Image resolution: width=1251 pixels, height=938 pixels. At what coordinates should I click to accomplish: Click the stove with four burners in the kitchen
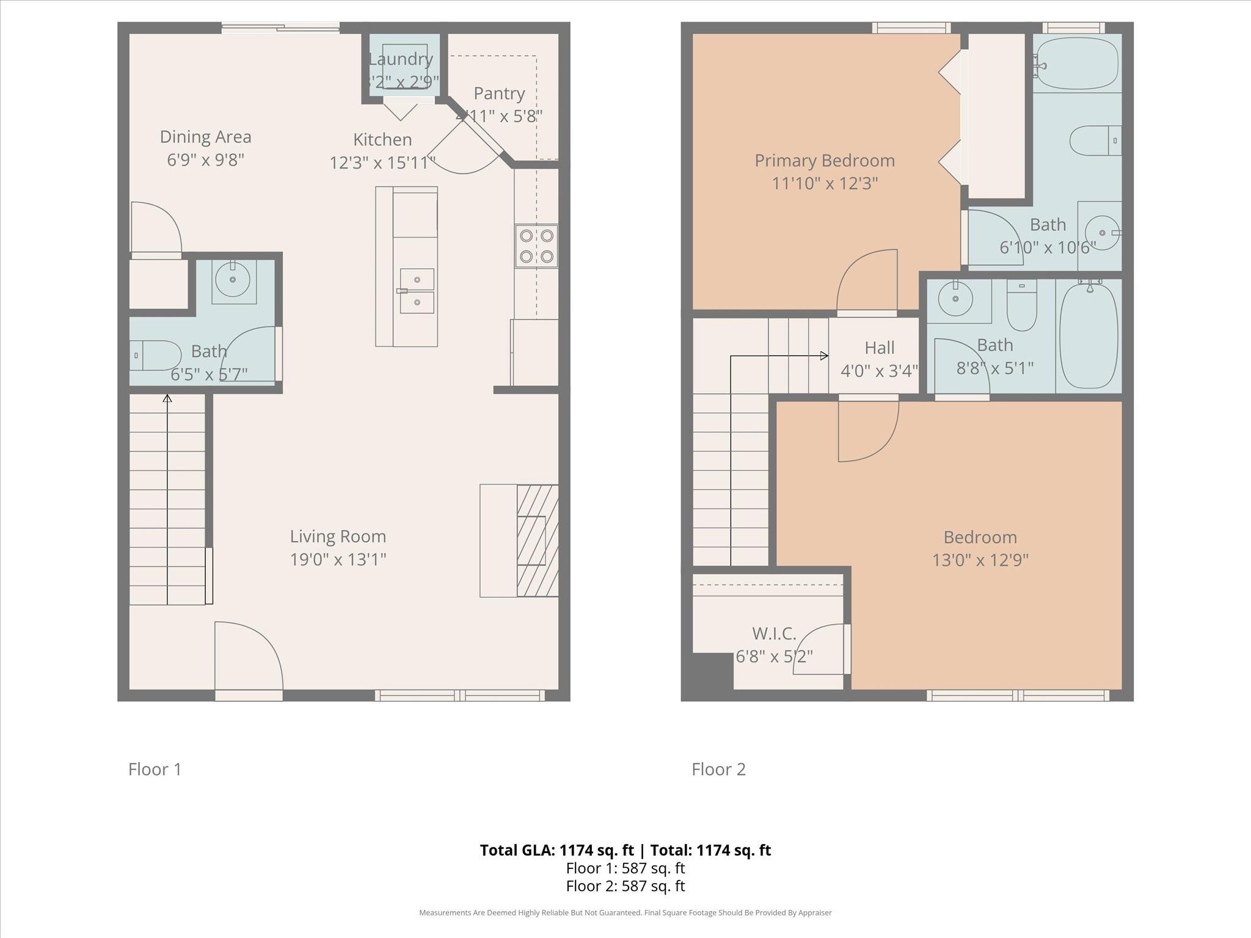(x=536, y=246)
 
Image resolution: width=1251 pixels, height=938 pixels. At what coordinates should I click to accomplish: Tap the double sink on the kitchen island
(x=417, y=291)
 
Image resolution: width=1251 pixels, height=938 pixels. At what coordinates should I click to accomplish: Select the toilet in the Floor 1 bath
(x=156, y=355)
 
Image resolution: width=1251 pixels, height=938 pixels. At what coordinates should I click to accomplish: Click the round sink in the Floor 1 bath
(x=233, y=280)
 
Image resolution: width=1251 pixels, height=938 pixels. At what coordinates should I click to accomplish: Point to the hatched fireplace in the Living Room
(x=538, y=540)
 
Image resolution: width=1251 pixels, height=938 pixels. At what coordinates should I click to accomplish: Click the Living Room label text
(x=338, y=537)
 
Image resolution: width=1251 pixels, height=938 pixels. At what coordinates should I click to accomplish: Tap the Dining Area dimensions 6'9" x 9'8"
(x=205, y=160)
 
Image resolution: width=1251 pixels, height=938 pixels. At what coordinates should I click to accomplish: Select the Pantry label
(x=499, y=93)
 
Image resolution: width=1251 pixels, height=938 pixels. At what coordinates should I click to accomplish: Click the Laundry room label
(x=401, y=59)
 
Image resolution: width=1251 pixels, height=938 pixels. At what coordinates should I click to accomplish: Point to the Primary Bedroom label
(x=825, y=161)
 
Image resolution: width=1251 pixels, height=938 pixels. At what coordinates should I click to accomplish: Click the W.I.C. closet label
(x=774, y=633)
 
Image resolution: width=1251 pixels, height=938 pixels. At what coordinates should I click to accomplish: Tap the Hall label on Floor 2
(x=879, y=348)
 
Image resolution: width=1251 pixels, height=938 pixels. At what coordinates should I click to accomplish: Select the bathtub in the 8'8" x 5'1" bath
(x=1089, y=336)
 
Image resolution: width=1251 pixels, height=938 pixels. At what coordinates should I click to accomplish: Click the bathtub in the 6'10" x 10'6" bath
(x=1078, y=63)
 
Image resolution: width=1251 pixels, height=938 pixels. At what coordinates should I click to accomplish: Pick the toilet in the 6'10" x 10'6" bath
(x=1095, y=140)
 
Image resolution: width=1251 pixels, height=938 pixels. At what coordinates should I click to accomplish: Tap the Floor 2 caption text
(x=718, y=769)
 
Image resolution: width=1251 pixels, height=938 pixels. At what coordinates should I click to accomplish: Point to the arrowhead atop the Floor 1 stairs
(x=167, y=399)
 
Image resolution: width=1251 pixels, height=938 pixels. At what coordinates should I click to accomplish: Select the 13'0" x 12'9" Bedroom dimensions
(x=980, y=560)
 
